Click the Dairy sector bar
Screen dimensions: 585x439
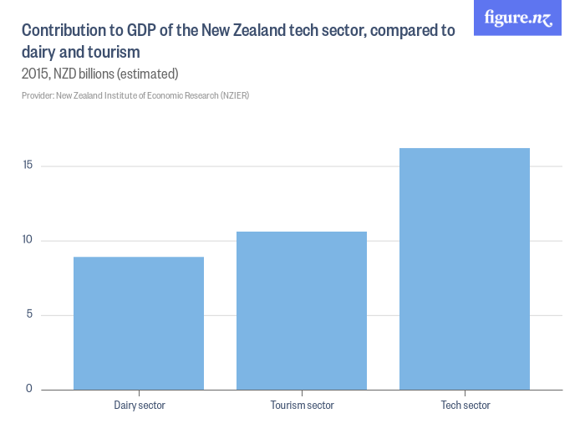(139, 324)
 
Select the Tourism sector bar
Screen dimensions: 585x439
(302, 310)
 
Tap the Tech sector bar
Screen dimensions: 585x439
(465, 268)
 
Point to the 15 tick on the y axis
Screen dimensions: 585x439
(28, 165)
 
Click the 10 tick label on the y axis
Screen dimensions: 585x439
(28, 239)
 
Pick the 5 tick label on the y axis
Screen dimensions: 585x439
(29, 314)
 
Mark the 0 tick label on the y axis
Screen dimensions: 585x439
(29, 389)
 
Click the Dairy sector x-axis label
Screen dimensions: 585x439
(140, 406)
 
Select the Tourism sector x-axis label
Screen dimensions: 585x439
(303, 406)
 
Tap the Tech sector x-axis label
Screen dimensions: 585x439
(465, 406)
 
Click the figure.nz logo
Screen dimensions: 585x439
(517, 18)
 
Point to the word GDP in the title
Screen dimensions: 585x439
(141, 30)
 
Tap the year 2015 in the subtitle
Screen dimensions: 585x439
(36, 74)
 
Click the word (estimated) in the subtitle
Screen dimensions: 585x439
(148, 74)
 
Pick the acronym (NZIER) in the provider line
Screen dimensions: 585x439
(235, 95)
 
